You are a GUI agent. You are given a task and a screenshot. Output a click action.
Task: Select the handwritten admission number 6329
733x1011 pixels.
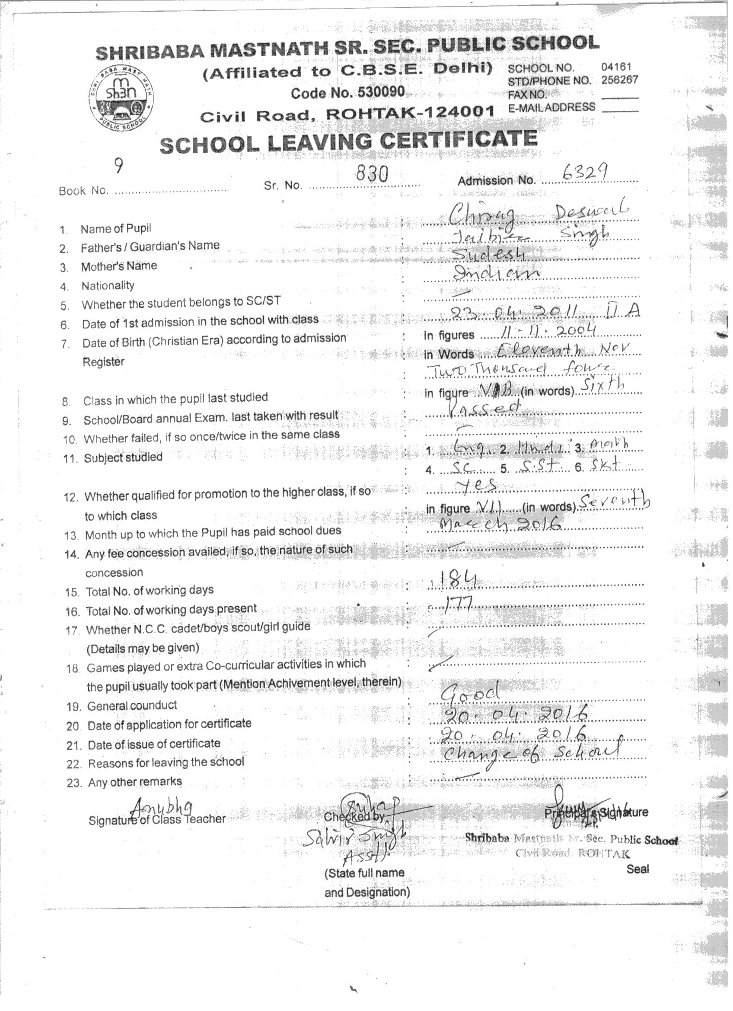tap(585, 172)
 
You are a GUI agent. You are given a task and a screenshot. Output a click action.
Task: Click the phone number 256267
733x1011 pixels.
tap(619, 80)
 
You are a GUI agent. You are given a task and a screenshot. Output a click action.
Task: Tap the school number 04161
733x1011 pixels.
tap(616, 67)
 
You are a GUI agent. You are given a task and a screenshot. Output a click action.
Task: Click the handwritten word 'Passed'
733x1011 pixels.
tap(484, 407)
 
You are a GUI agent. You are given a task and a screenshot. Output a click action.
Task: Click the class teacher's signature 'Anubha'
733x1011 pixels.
tap(163, 807)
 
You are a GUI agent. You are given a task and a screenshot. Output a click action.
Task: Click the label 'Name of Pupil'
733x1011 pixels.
tap(116, 229)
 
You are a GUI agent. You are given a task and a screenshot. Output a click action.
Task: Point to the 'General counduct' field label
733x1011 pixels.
tap(132, 706)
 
